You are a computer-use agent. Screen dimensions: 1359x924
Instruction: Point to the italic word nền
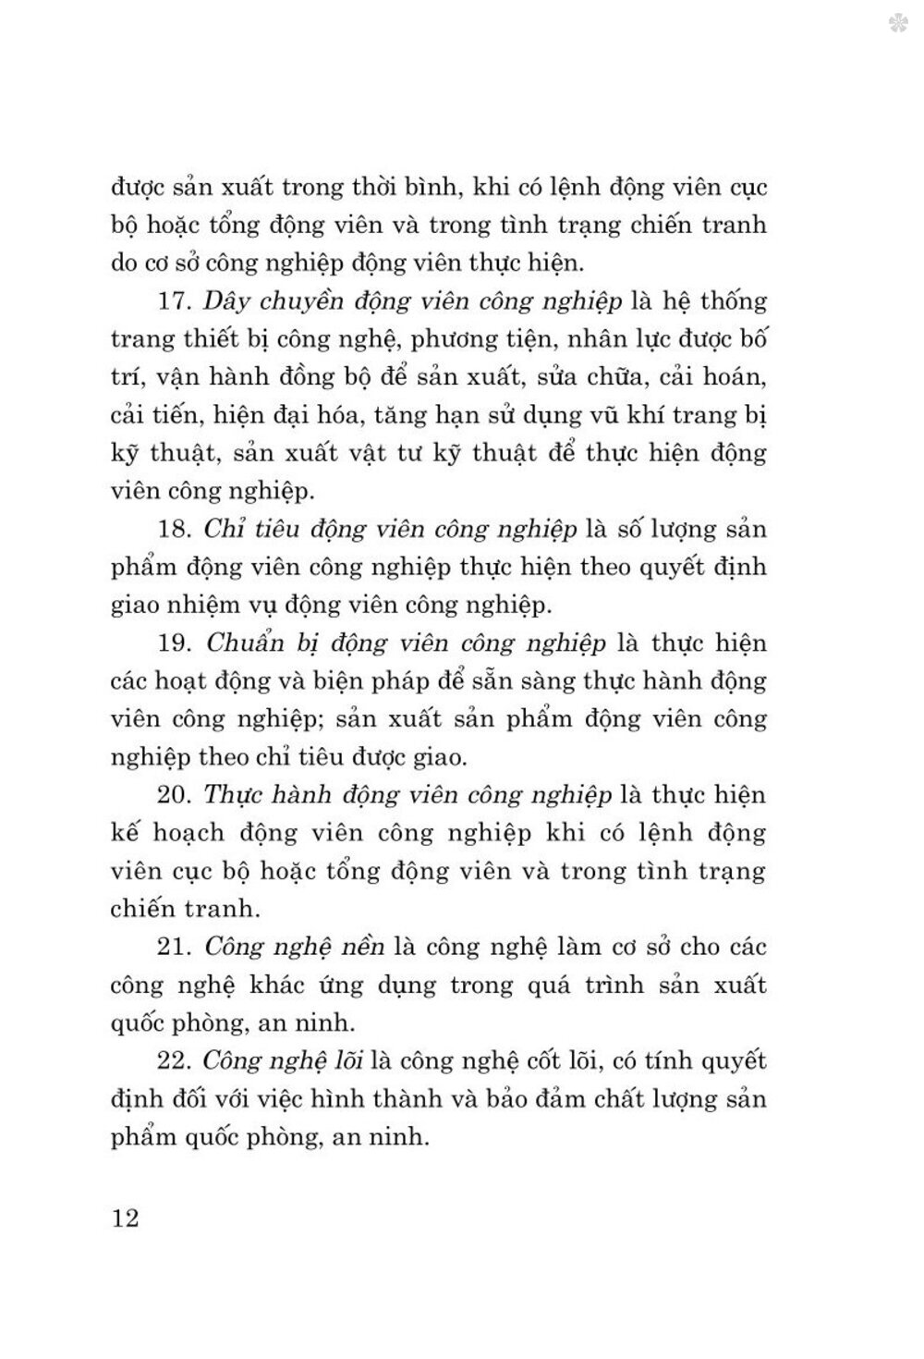pos(359,946)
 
